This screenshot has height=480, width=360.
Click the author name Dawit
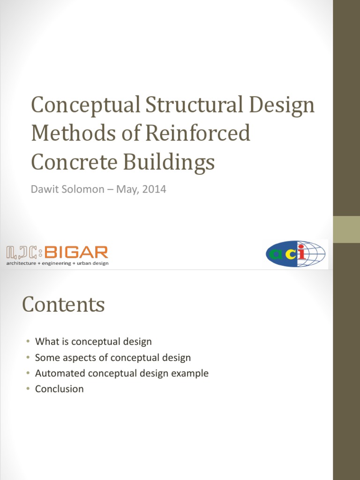point(45,190)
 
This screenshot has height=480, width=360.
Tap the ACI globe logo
point(295,254)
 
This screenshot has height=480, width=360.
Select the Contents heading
point(63,305)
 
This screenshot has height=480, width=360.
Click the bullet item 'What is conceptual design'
point(93,342)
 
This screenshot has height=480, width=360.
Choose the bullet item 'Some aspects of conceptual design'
point(113,358)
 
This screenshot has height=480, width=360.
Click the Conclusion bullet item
point(59,389)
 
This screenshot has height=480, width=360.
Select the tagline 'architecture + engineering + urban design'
point(57,263)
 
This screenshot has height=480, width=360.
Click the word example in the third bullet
point(191,374)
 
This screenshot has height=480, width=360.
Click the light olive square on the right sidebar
point(346,230)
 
